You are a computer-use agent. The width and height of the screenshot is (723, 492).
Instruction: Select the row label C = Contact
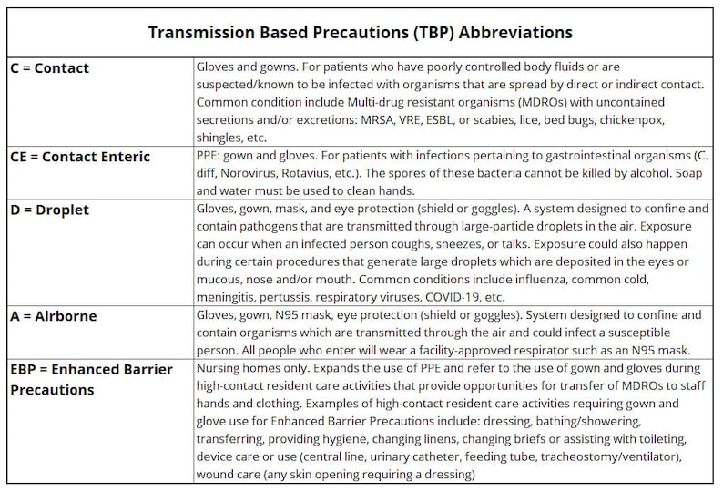tap(49, 68)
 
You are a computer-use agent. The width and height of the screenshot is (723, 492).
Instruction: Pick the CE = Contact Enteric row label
tap(79, 157)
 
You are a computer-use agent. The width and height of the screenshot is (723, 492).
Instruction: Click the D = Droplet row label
tap(49, 210)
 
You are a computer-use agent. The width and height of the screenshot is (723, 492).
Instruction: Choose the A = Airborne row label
tap(53, 316)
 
